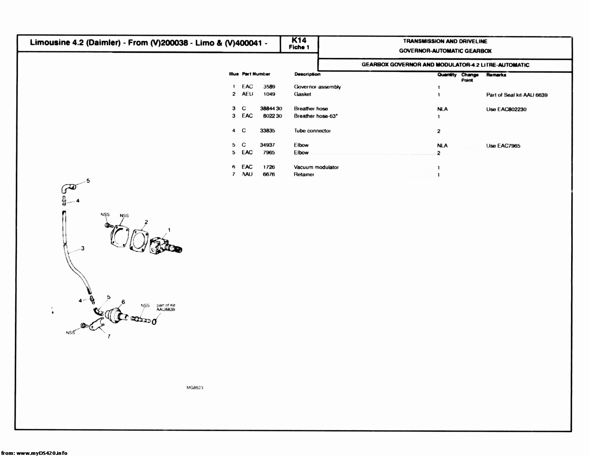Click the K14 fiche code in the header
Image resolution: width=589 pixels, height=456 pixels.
[x=299, y=40]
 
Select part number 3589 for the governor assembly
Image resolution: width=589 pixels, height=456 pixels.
[x=269, y=87]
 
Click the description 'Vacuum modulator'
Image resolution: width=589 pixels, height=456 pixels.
[x=316, y=167]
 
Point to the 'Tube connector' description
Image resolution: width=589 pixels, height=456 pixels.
[x=312, y=131]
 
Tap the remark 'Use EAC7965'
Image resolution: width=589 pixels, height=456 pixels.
[x=503, y=146]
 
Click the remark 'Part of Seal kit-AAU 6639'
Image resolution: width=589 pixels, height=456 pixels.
[x=517, y=95]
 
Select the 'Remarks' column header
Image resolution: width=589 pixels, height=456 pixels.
[x=496, y=75]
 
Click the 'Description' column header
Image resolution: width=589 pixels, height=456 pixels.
[x=307, y=74]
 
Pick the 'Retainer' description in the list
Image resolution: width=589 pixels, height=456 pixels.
[x=304, y=174]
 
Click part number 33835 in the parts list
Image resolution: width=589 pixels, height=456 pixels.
[x=267, y=131]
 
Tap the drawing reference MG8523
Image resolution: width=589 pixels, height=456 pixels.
[x=195, y=388]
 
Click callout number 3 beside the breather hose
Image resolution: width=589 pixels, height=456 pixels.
[x=83, y=249]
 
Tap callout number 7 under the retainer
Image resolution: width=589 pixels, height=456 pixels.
[x=109, y=336]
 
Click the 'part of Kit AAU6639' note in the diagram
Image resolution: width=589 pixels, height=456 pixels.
[x=165, y=307]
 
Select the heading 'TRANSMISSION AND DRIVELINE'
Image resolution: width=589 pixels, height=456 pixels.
[x=445, y=41]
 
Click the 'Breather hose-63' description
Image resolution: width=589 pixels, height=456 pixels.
[x=316, y=116]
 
